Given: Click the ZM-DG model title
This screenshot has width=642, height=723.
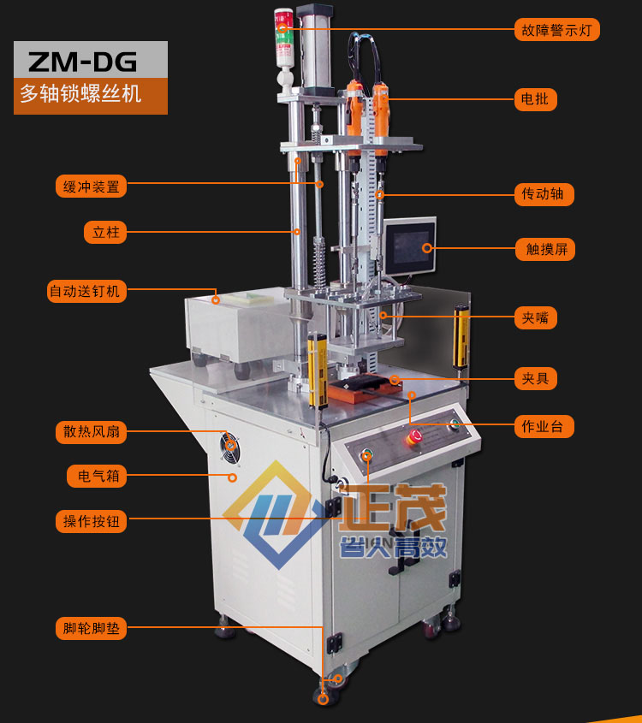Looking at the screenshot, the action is (82, 62).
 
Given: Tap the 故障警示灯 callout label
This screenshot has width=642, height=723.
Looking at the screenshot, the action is (556, 30).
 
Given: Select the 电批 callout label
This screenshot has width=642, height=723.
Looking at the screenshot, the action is (536, 99).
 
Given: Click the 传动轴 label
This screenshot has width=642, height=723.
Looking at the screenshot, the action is (544, 194).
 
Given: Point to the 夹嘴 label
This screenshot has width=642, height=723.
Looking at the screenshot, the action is (536, 317).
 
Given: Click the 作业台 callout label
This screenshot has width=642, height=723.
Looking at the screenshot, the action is (544, 426).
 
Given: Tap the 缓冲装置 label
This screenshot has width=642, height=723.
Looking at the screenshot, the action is (92, 187).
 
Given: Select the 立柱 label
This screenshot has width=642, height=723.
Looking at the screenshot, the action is (105, 232).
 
